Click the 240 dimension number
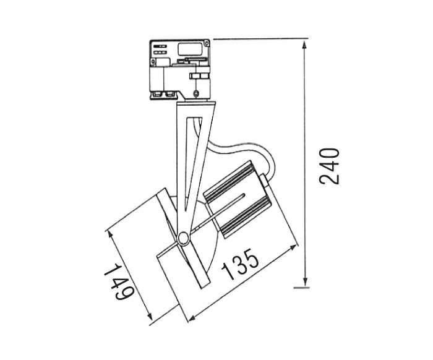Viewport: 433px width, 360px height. pyautogui.click(x=329, y=166)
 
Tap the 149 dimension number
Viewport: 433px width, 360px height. pyautogui.click(x=119, y=282)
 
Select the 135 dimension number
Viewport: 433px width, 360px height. pyautogui.click(x=240, y=264)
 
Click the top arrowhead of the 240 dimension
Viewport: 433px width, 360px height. pyautogui.click(x=305, y=45)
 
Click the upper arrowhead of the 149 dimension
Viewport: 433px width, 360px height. pyautogui.click(x=111, y=236)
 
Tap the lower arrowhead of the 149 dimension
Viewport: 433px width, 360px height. pyautogui.click(x=150, y=315)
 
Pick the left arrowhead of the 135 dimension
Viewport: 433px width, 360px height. pyautogui.click(x=192, y=317)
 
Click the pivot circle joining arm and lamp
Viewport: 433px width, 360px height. pyautogui.click(x=183, y=238)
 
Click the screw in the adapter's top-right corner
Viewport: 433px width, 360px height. pyautogui.click(x=206, y=43)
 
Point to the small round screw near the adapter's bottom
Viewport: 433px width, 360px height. pyautogui.click(x=196, y=93)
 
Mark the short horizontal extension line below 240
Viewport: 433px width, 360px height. pyautogui.click(x=301, y=288)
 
